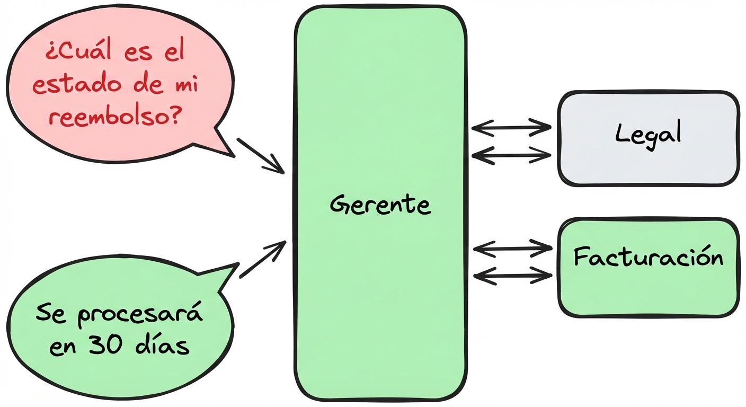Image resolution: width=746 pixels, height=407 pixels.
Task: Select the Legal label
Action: tap(647, 134)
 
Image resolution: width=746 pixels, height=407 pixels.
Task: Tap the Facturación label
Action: tap(648, 258)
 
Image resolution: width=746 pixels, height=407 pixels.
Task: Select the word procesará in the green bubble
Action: tap(140, 316)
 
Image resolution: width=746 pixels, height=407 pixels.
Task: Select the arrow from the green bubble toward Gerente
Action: tap(263, 259)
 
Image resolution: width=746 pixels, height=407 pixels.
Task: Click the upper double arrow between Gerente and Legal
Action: tap(511, 127)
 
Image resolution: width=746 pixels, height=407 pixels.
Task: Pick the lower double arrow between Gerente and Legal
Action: tap(511, 155)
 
